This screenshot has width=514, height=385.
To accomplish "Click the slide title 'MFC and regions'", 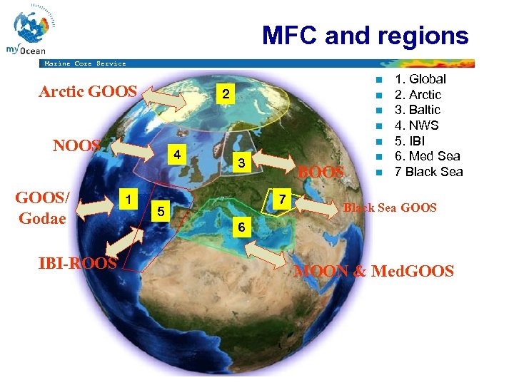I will click(x=365, y=35).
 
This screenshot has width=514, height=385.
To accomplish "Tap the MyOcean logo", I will click(x=30, y=32).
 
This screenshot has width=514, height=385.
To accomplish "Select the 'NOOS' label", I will click(x=76, y=145).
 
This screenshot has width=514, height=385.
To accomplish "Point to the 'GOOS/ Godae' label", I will click(x=42, y=208).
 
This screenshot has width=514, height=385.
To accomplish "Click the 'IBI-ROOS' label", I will click(x=78, y=262).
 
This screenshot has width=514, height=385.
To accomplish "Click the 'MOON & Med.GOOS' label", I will click(x=374, y=271).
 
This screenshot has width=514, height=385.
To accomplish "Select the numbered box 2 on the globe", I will click(x=225, y=95).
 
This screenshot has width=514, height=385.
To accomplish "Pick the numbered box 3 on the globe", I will click(x=242, y=163).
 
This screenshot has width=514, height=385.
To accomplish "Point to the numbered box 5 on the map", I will click(x=161, y=212).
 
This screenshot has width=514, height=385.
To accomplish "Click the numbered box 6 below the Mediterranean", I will click(x=243, y=227).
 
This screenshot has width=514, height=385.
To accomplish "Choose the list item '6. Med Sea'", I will click(x=427, y=156).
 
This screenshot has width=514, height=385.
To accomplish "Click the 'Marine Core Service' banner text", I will click(x=85, y=63).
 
